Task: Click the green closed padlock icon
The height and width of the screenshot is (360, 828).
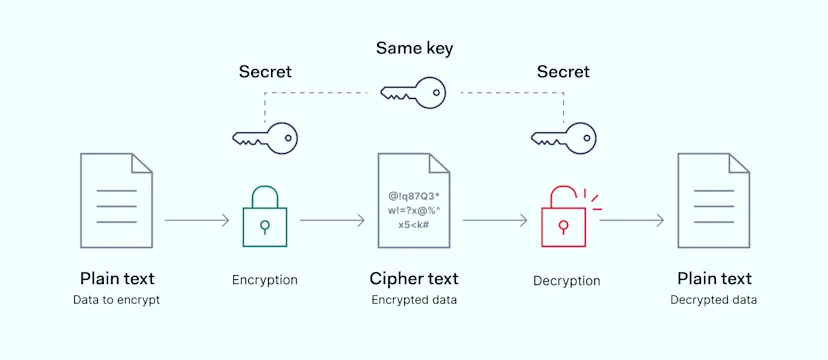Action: point(265,219)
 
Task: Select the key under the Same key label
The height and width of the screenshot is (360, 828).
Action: point(413,92)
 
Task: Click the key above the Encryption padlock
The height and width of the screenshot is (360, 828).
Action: point(264,137)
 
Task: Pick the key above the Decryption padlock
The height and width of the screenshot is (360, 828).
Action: point(562,137)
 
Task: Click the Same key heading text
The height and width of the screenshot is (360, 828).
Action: point(413,47)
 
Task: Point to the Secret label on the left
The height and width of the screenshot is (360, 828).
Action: point(265,72)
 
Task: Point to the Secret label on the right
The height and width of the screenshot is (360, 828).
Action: point(563,72)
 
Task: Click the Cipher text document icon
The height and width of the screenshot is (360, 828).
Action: point(413,200)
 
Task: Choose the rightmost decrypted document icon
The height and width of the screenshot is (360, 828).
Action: point(713,200)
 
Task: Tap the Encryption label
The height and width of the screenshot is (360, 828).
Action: point(265,280)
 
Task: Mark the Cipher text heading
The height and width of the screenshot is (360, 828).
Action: point(413,278)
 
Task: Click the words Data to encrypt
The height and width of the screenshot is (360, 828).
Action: point(116,300)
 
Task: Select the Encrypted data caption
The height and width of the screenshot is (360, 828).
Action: point(413,300)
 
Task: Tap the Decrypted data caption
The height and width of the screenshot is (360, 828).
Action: point(713,300)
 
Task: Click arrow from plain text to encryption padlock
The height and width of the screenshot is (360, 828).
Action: point(196,220)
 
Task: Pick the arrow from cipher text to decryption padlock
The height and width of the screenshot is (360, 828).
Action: point(494,220)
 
